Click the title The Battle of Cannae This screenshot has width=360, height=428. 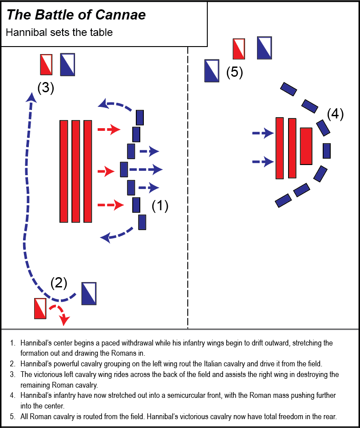click(76, 15)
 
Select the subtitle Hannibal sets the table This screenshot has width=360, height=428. click(59, 32)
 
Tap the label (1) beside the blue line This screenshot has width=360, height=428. click(160, 206)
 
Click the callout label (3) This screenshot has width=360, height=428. click(46, 88)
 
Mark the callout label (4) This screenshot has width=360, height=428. click(335, 114)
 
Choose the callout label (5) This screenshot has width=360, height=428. click(234, 72)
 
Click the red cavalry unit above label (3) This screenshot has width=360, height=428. click(46, 65)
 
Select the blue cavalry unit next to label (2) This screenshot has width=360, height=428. click(89, 293)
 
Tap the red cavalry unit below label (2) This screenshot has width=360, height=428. click(40, 308)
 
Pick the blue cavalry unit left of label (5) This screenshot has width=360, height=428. click(211, 71)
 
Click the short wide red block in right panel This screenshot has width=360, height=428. click(306, 146)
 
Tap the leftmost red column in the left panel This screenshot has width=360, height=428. click(64, 171)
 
